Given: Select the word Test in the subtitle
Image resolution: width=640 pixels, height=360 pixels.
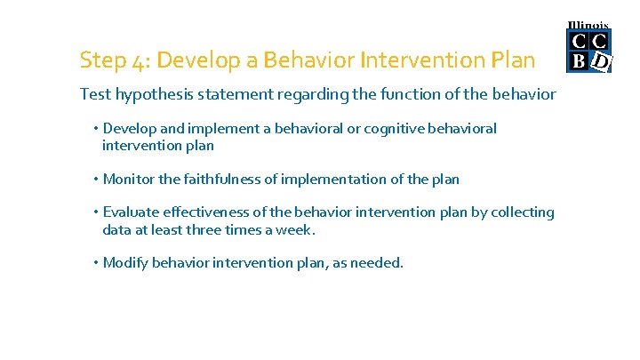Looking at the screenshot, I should pos(95,94).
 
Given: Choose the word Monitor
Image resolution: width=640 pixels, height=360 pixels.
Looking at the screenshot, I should pos(129,180).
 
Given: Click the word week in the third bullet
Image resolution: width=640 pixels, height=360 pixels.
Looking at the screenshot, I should pos(298,229).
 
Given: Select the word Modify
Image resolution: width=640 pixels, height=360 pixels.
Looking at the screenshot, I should pos(125,263).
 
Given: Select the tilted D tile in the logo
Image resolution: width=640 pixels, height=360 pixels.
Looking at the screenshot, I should pos(602,61).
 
